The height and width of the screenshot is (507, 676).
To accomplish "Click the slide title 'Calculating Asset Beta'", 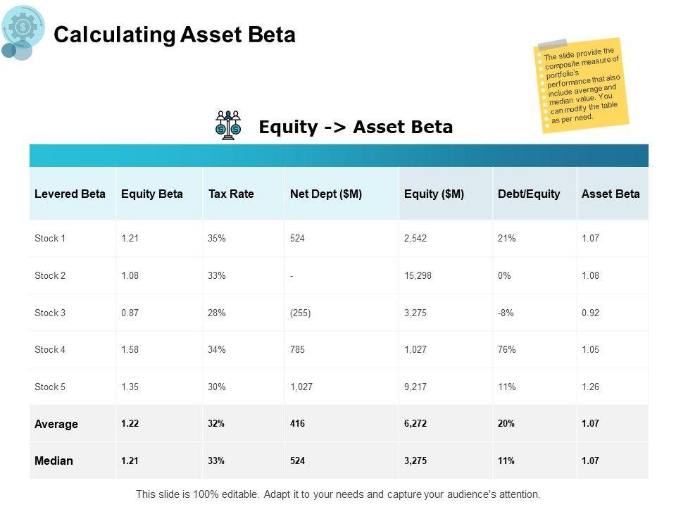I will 175,35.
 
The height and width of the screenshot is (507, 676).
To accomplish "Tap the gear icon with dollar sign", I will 23,27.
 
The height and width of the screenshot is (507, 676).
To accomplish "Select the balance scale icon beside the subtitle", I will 228,125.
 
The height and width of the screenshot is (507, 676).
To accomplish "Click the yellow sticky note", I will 581,84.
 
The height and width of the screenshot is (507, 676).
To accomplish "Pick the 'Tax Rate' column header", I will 231,194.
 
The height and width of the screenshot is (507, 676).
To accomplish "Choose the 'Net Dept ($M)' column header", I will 325,194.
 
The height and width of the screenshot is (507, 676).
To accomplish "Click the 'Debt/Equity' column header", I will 529,194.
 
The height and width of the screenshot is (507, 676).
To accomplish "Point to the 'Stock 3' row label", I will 50,313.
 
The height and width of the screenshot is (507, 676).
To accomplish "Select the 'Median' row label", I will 54,461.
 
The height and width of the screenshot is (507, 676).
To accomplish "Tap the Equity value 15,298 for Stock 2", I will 418,275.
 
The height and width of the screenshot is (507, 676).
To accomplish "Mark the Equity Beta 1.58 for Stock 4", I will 130,349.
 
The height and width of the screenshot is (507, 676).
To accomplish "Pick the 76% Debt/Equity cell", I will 507,349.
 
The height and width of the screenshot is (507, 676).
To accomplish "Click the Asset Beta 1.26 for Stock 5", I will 590,387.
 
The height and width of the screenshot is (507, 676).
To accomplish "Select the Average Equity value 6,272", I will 416,424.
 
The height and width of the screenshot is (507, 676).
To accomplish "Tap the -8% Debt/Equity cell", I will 506,313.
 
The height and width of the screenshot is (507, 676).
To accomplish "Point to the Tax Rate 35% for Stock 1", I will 217,239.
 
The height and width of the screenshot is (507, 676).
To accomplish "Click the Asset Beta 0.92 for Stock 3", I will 590,313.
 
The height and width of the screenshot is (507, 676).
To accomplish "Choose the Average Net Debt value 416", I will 298,424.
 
